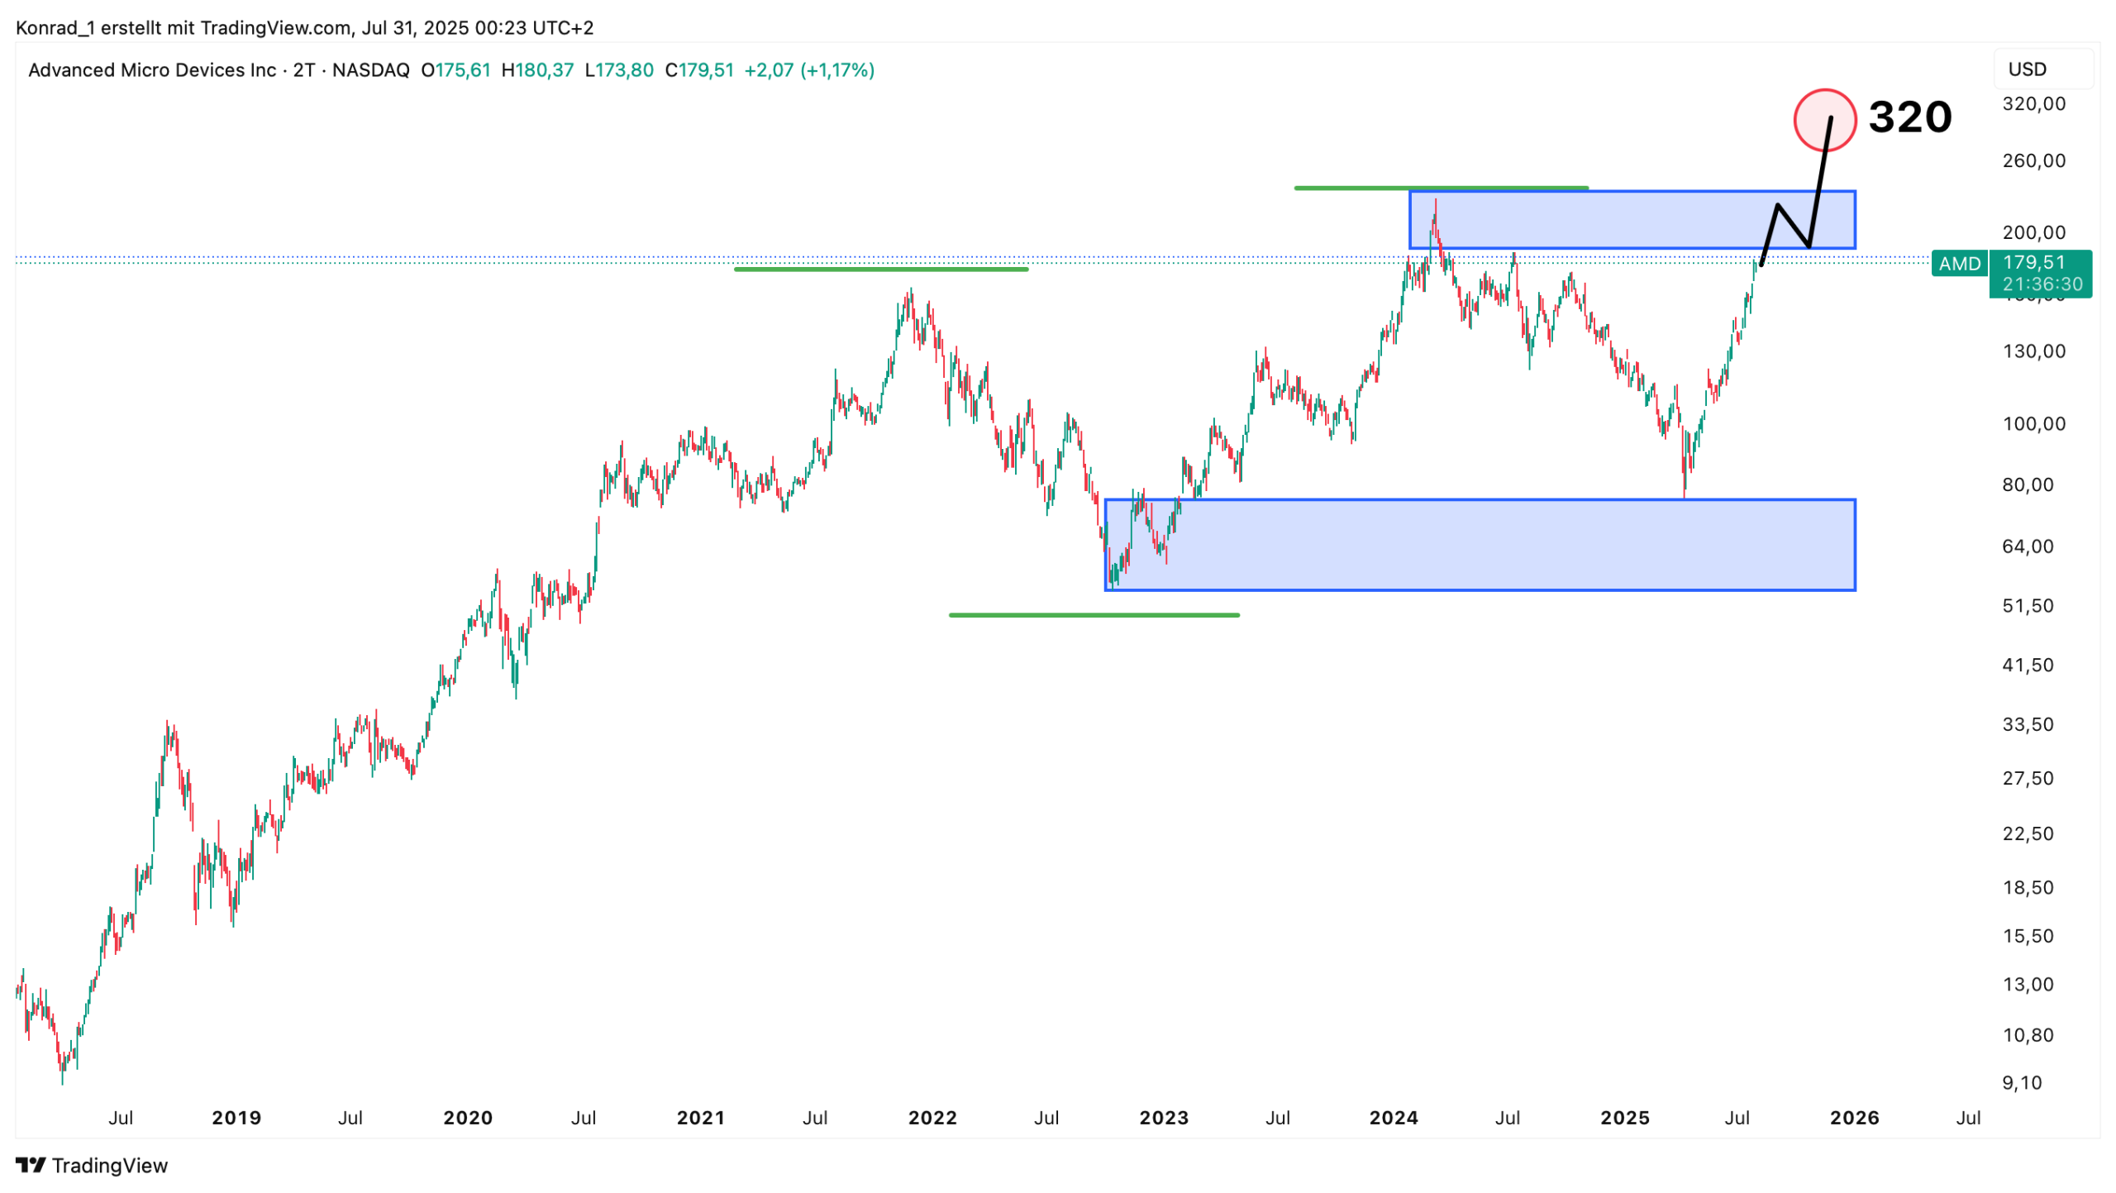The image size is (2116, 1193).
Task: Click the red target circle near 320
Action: point(1824,120)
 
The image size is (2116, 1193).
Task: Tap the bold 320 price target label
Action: point(1909,117)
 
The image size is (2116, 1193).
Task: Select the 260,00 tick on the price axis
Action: point(2033,160)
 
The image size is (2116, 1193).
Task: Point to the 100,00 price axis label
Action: point(2033,424)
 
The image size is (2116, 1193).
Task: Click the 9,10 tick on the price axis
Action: point(2021,1082)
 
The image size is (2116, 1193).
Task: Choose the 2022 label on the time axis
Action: point(932,1118)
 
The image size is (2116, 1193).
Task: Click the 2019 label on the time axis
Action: point(236,1118)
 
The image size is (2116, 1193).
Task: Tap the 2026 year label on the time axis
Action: point(1854,1118)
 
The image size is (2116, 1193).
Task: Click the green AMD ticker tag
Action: point(1959,264)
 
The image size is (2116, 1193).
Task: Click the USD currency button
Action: point(2027,69)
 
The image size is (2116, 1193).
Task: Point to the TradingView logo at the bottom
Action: point(92,1165)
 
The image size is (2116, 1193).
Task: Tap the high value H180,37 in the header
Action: point(537,70)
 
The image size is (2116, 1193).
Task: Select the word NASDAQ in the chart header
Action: point(370,70)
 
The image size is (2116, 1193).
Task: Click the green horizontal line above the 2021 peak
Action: point(881,269)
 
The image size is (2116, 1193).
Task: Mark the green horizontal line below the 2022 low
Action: point(1094,615)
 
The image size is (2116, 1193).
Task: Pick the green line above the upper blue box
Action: point(1441,188)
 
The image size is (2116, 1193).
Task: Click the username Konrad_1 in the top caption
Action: point(55,28)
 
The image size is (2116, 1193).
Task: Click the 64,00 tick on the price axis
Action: point(2028,546)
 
